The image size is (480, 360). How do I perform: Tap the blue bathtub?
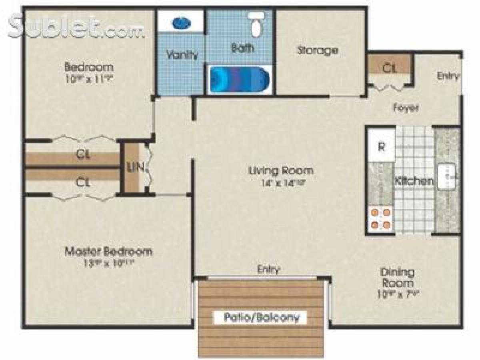[239, 80]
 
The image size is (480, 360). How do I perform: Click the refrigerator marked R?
[381, 146]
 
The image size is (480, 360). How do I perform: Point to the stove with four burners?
[380, 218]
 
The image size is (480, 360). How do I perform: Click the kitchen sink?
[447, 176]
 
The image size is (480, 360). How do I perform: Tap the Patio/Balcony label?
[261, 318]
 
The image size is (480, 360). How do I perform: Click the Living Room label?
[281, 171]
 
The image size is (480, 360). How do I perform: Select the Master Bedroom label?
[108, 252]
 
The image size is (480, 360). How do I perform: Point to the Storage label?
[318, 50]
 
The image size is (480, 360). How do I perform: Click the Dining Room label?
[397, 277]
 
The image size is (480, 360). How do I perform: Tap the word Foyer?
[406, 108]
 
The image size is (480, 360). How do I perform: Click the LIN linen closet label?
[136, 167]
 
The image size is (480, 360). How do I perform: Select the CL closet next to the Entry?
[389, 68]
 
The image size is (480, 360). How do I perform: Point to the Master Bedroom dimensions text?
[108, 264]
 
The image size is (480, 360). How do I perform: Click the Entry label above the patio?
[268, 269]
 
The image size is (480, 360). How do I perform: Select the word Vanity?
[182, 54]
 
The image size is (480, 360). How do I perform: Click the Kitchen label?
[414, 181]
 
